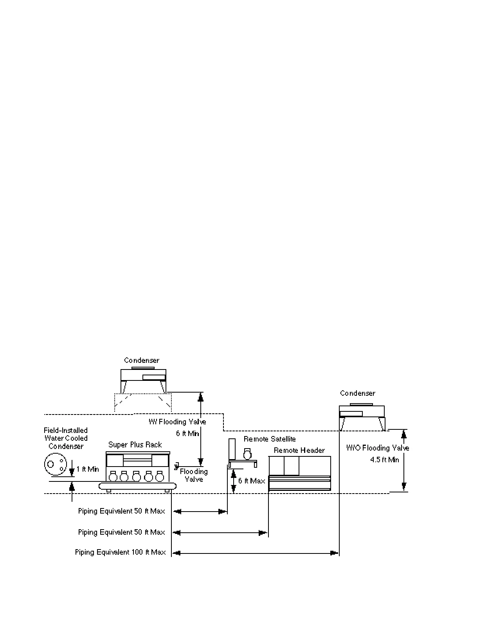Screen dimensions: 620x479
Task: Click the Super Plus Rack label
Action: pos(135,445)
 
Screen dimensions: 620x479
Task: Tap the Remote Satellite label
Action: pos(270,439)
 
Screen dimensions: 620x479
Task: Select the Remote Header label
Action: pos(299,451)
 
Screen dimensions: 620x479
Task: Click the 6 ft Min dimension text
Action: pos(187,434)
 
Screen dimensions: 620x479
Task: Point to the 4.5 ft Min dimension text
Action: pos(385,460)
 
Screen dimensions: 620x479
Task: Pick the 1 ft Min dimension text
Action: pos(88,469)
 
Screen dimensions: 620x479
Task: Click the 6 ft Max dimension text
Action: pos(252,481)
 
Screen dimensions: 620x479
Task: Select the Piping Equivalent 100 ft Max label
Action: pos(121,552)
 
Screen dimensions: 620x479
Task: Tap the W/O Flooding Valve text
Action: pos(378,448)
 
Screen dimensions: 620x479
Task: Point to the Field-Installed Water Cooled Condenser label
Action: pos(66,438)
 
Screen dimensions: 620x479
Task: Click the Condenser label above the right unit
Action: pos(358,393)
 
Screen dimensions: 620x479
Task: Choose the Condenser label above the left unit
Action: pos(142,360)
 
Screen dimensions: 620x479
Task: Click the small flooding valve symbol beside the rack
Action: pos(176,465)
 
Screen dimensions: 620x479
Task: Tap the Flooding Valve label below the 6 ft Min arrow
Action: pos(194,476)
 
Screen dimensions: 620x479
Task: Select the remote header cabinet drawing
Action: pos(300,473)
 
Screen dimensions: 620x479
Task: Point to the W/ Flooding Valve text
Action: pos(177,422)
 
